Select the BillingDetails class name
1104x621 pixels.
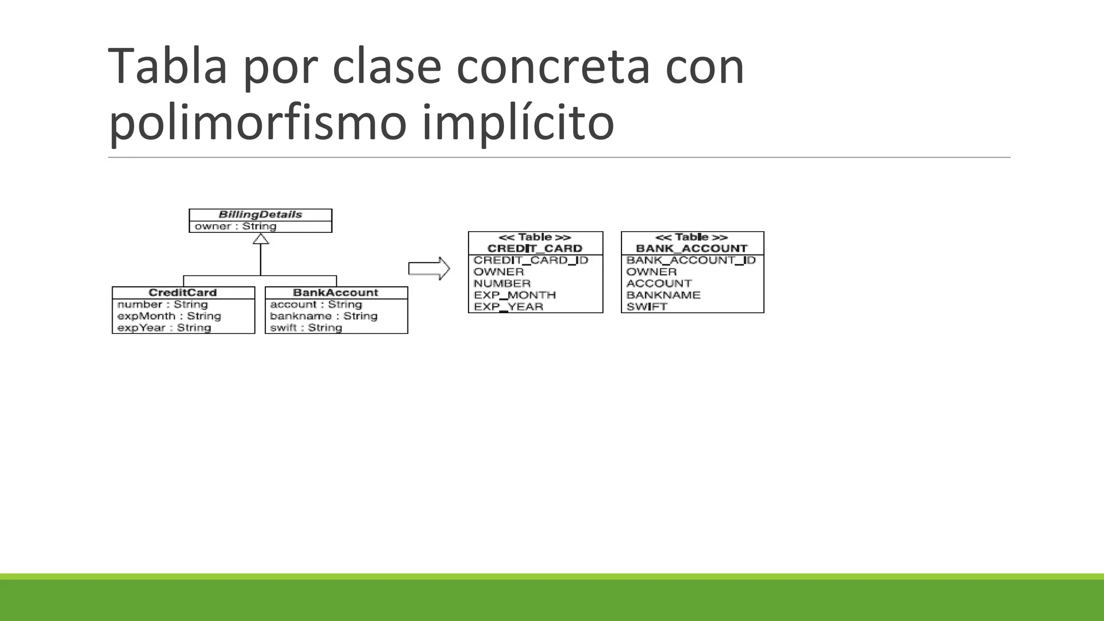tap(260, 215)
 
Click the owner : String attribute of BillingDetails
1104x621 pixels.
tap(236, 226)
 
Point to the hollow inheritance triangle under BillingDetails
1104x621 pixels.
tap(261, 239)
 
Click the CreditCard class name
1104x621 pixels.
tap(183, 293)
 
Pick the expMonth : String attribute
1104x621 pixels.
tap(169, 316)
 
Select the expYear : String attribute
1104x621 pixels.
tap(164, 328)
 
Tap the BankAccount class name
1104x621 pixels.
tap(336, 293)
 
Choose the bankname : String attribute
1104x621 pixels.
tap(323, 316)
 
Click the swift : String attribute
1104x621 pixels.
tap(306, 328)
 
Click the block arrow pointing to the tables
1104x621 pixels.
tap(429, 268)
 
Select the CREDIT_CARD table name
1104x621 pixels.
tap(535, 249)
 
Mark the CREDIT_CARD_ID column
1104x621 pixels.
tap(531, 260)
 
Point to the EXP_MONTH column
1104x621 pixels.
tap(515, 295)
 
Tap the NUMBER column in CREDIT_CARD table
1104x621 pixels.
tap(502, 284)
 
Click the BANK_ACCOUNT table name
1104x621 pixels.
tap(692, 249)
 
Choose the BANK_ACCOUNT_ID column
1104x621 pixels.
tap(691, 260)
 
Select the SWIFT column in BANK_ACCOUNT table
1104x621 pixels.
tap(647, 307)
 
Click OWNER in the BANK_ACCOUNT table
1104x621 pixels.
tap(651, 272)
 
